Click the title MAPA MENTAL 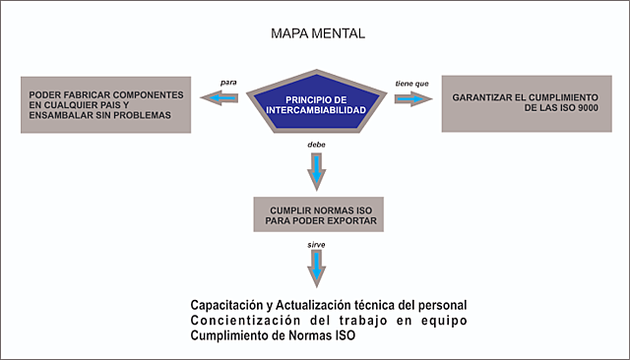pyautogui.click(x=317, y=33)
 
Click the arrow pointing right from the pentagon pyautogui.click(x=412, y=97)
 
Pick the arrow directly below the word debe pyautogui.click(x=317, y=172)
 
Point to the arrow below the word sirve pyautogui.click(x=317, y=267)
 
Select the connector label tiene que pyautogui.click(x=410, y=83)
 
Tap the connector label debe pyautogui.click(x=317, y=145)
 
